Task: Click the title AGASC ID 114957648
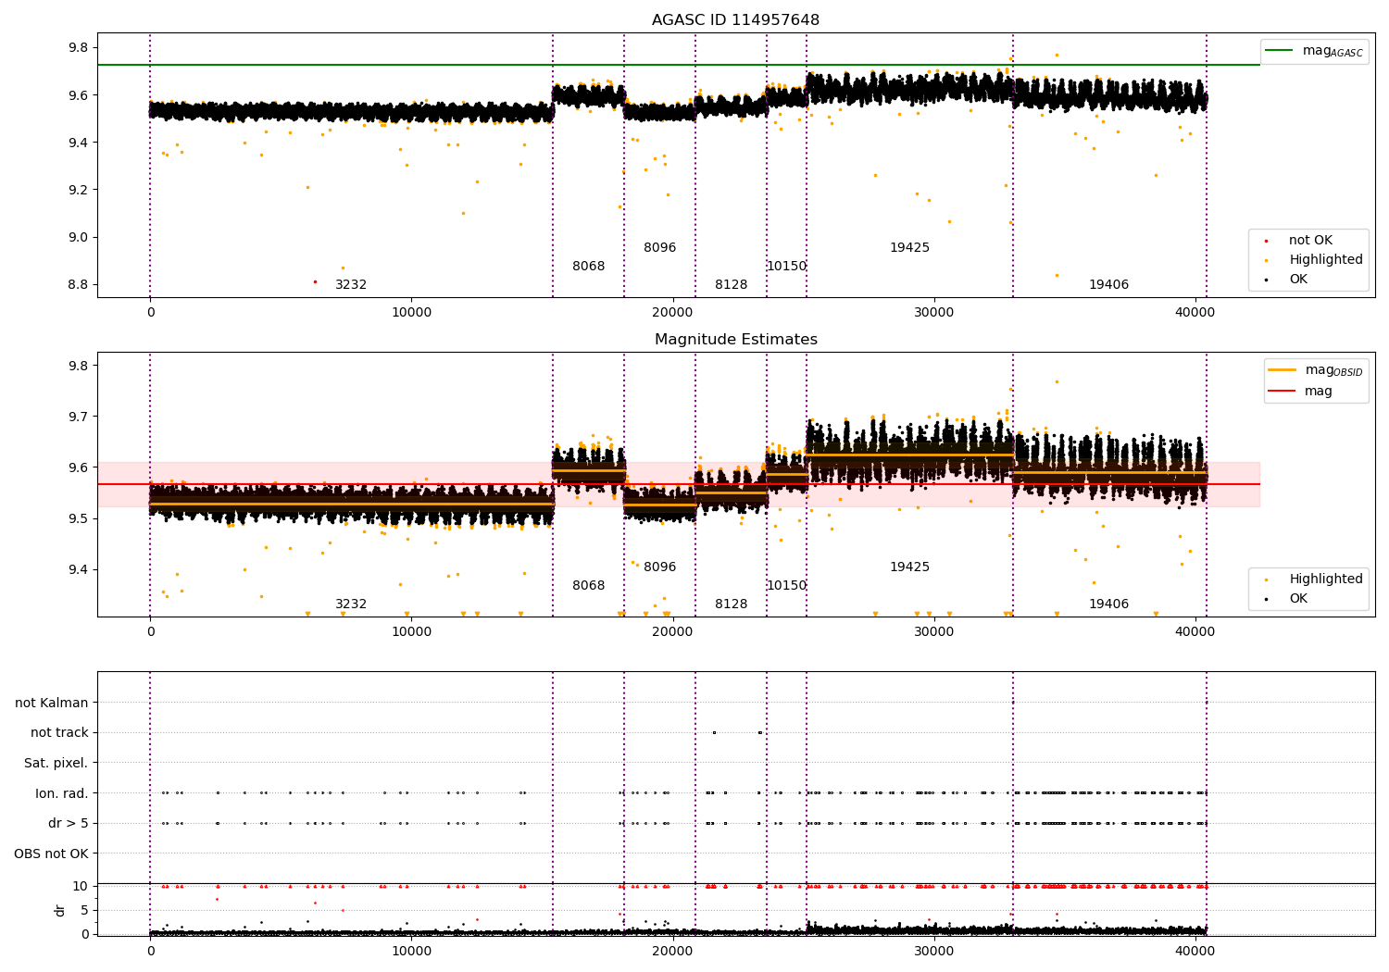(735, 20)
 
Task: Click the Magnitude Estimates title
(735, 340)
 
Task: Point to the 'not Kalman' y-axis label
(52, 703)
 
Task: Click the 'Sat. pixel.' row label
(56, 763)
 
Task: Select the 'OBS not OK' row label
(51, 854)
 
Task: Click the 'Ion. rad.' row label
(61, 793)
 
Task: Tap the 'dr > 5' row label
(68, 823)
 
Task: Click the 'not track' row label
(59, 732)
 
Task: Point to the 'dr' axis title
(60, 910)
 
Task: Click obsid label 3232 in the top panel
(351, 285)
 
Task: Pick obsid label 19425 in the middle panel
(909, 567)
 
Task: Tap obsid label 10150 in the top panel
(786, 267)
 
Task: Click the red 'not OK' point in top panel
(315, 281)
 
